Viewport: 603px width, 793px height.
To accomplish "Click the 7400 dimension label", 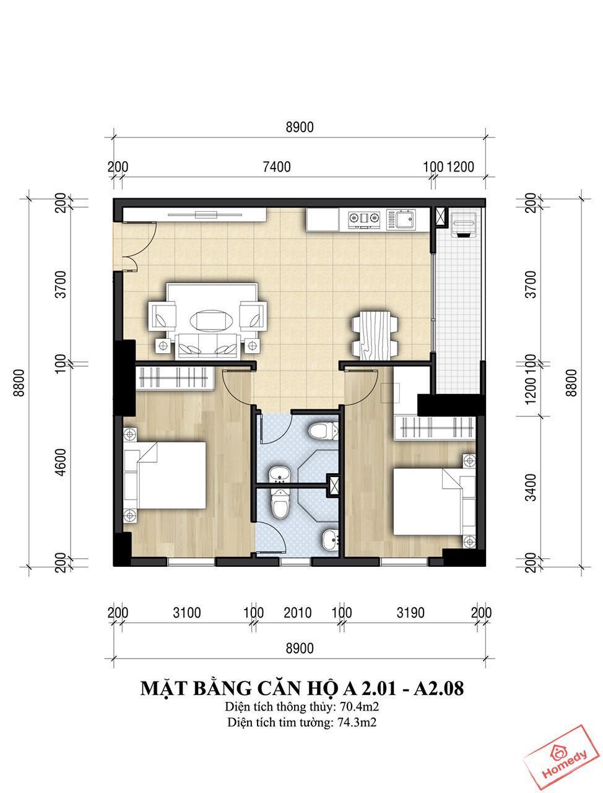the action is point(276,167).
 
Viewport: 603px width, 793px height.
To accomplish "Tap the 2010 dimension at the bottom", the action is point(297,613).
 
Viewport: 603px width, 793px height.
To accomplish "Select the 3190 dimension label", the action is point(410,613).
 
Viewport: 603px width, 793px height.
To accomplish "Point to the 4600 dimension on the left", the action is point(62,462).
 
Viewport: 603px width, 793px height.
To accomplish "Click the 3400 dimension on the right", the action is point(531,488).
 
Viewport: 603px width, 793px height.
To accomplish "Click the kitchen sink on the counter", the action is point(401,220).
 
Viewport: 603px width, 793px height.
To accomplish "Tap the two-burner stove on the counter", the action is point(365,219).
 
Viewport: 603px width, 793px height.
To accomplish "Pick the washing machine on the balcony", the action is point(463,225).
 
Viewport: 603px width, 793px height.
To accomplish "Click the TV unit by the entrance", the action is point(195,215).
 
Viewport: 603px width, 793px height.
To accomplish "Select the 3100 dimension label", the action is point(186,613).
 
